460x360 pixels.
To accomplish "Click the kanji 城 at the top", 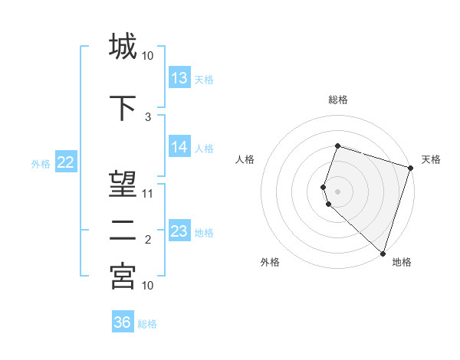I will (x=123, y=47).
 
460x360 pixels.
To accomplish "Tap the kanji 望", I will (x=123, y=185).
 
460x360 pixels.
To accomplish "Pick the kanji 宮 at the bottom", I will (x=123, y=277).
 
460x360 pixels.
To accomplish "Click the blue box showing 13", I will (x=179, y=78).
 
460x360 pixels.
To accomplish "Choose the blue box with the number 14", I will (x=179, y=147).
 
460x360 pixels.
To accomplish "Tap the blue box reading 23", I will (x=179, y=231).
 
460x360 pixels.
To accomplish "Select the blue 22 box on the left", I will (x=66, y=162).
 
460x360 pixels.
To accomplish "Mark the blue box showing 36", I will (x=123, y=322).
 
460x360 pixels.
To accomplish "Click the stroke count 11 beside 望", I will (x=148, y=194).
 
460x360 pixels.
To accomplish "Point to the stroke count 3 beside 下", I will (x=148, y=117).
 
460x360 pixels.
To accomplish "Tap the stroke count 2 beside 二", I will (x=148, y=240).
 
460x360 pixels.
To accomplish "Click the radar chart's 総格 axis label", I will (x=337, y=100).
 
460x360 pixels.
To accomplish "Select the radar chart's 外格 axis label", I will (x=270, y=262).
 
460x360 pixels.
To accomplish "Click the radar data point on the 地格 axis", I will (x=383, y=254).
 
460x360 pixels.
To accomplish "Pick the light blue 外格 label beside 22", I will (x=41, y=162).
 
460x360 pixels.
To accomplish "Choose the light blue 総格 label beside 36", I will (x=147, y=323).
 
